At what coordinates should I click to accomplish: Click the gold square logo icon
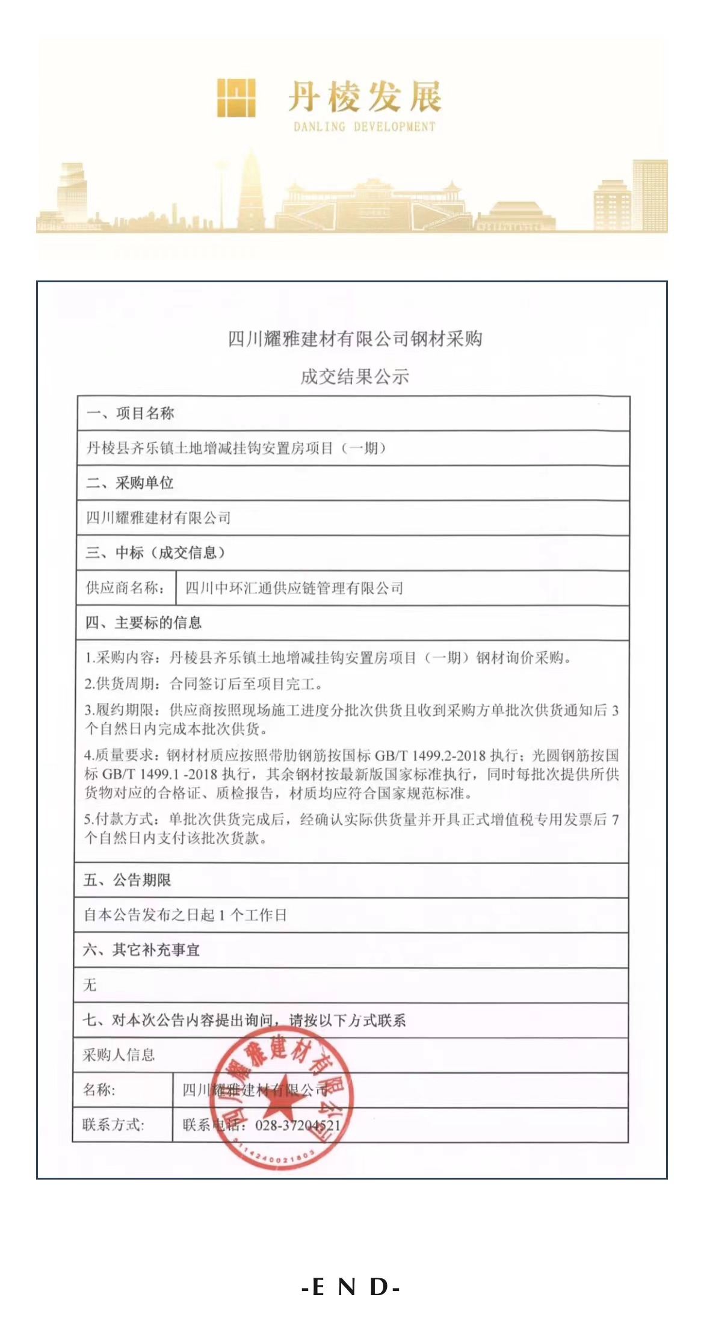click(x=236, y=97)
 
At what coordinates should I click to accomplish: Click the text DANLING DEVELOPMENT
click(x=364, y=126)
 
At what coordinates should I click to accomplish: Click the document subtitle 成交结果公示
click(x=354, y=377)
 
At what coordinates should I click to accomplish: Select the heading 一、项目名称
click(x=130, y=413)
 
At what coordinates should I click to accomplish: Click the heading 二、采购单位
click(x=130, y=483)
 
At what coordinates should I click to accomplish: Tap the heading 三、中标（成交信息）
click(x=155, y=552)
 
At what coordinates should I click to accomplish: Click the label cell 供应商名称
click(x=125, y=587)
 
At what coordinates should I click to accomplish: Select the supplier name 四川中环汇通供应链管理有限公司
click(x=294, y=588)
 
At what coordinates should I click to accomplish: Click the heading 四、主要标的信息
click(x=143, y=622)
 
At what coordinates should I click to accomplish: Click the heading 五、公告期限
click(x=127, y=880)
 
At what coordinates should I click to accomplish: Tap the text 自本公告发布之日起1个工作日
click(x=185, y=915)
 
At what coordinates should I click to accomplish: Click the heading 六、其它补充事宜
click(x=141, y=950)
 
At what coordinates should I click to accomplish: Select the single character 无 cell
click(x=90, y=985)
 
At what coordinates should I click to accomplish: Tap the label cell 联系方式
click(x=113, y=1124)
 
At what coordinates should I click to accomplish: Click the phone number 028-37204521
click(x=298, y=1125)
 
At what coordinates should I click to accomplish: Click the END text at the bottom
click(x=351, y=1287)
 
